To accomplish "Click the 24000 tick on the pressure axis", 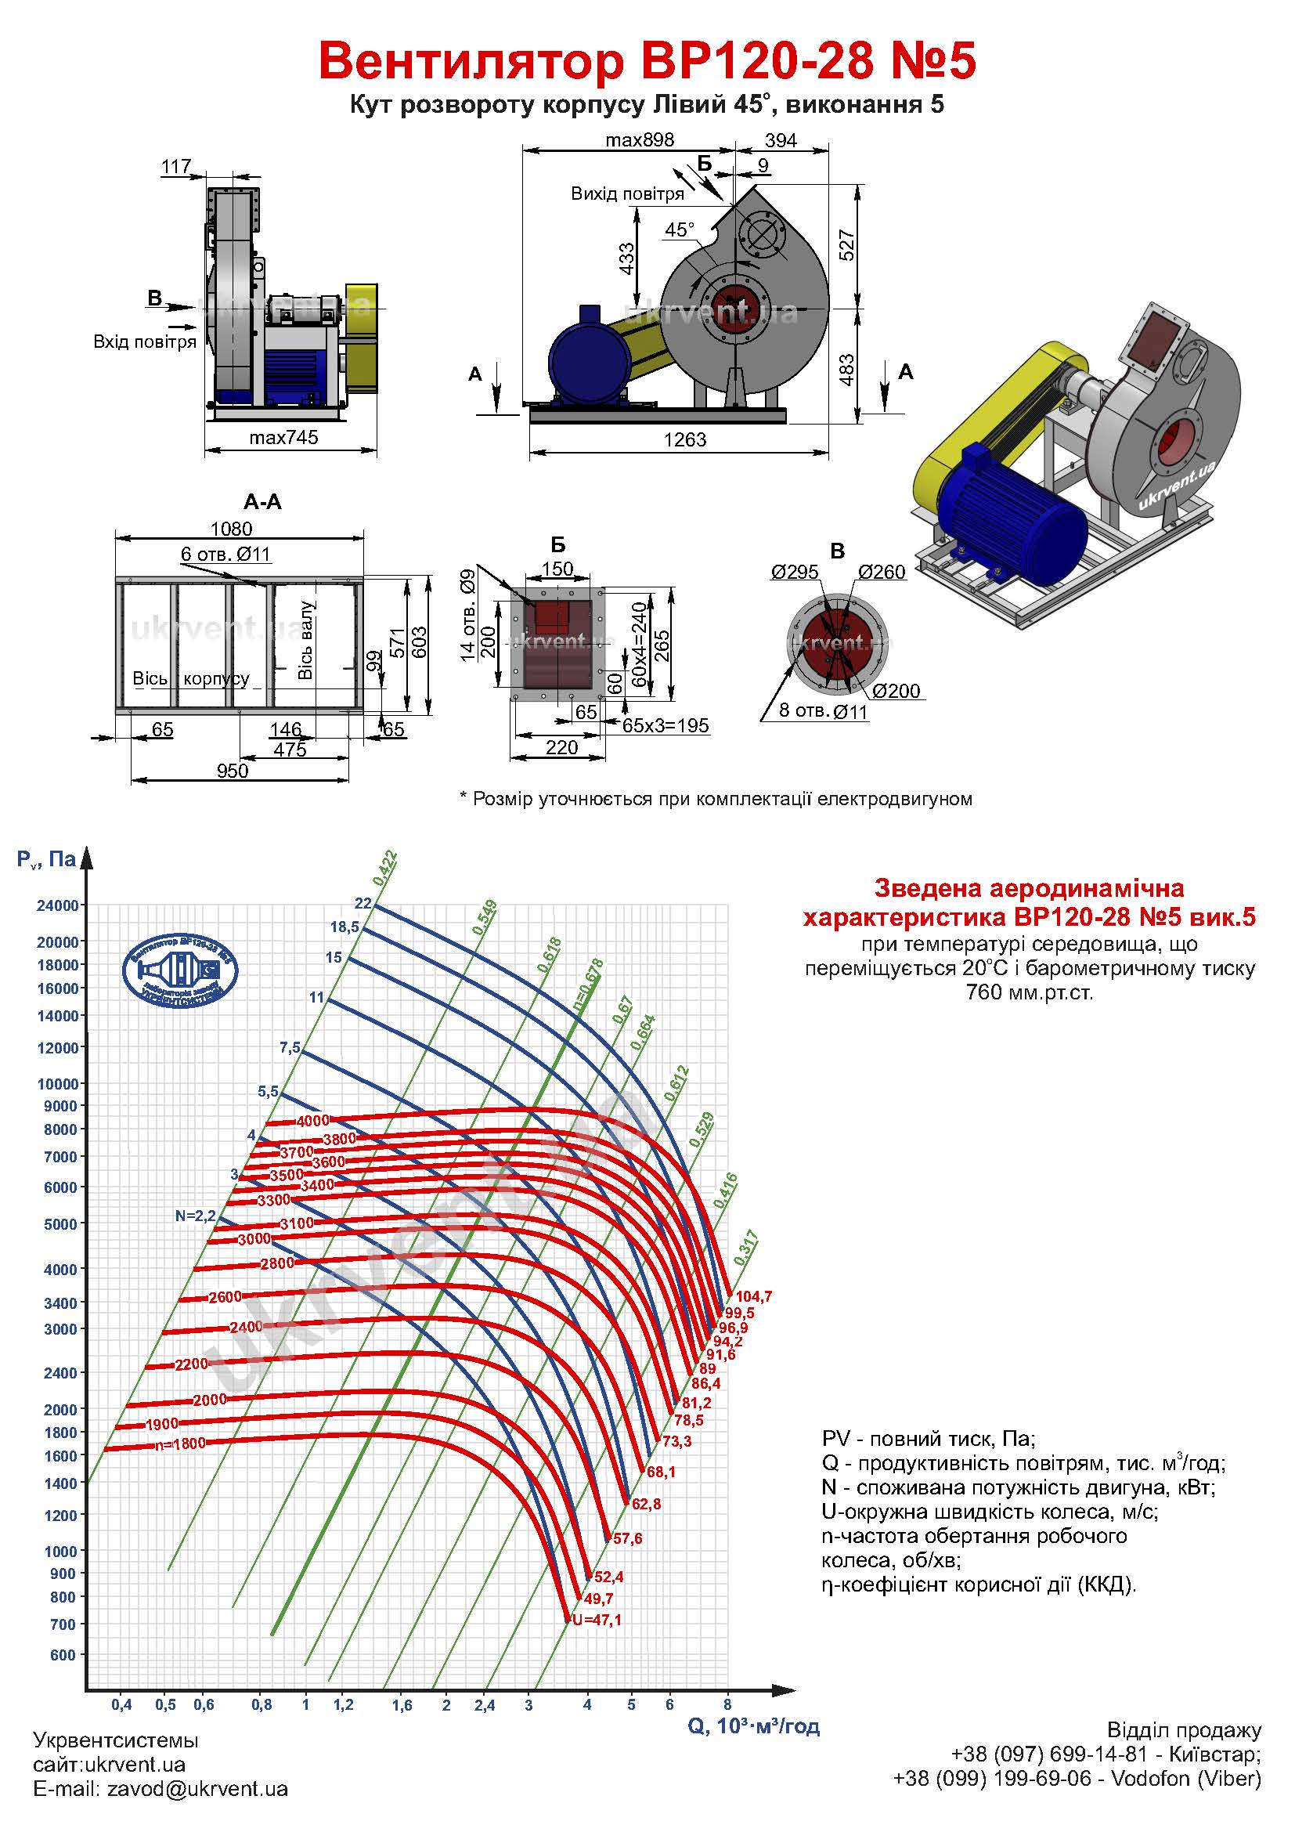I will [58, 905].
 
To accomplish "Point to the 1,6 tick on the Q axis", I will [402, 1705].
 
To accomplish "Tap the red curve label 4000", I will [312, 1121].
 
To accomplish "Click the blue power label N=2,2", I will [196, 1216].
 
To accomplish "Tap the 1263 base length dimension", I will [685, 439].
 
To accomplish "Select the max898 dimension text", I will [640, 140].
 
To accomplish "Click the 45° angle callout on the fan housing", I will [680, 229].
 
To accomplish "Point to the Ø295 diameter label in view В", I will [794, 571].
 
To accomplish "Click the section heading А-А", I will [262, 502].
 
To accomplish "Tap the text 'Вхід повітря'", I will [144, 342].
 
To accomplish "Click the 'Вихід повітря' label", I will [627, 194].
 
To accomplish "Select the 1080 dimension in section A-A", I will [231, 528].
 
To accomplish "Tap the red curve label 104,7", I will [753, 1297].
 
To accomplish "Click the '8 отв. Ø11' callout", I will [822, 711].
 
